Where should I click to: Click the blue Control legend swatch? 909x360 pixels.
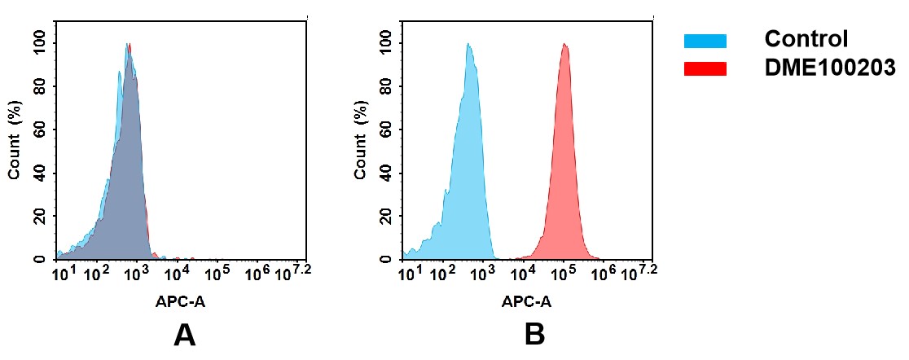pyautogui.click(x=705, y=41)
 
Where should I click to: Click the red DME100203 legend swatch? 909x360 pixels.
pyautogui.click(x=705, y=69)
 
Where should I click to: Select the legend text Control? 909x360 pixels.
pyautogui.click(x=806, y=39)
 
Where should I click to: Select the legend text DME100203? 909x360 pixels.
pyautogui.click(x=830, y=69)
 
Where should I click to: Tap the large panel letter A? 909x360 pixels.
pyautogui.click(x=185, y=335)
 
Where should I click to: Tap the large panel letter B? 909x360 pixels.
pyautogui.click(x=534, y=335)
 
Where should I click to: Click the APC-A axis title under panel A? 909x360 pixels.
pyautogui.click(x=181, y=301)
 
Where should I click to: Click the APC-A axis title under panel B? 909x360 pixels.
pyautogui.click(x=527, y=301)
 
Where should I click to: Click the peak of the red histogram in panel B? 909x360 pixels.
pyautogui.click(x=565, y=45)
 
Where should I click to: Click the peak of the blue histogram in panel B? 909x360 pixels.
pyautogui.click(x=468, y=45)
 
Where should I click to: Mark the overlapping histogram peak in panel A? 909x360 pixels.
pyautogui.click(x=128, y=45)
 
